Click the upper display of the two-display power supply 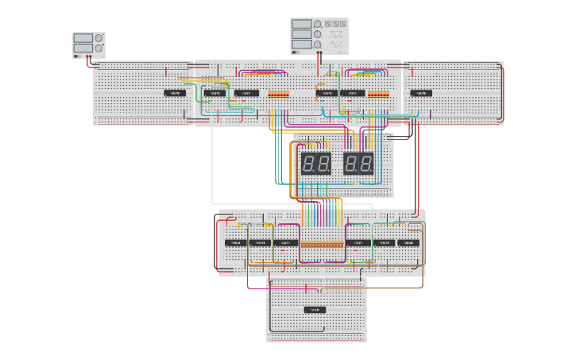pos(83,37)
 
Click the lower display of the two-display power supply pos(83,48)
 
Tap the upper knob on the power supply pos(99,37)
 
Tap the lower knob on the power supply pos(99,48)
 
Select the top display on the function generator pos(301,24)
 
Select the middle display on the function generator pos(301,34)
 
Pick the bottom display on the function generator pos(301,45)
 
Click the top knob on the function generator pos(318,24)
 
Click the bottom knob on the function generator pos(318,45)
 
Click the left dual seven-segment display pos(315,164)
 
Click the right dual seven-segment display pos(358,164)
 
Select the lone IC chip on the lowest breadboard pos(315,309)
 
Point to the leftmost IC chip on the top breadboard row pos(176,93)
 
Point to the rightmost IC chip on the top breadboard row pos(421,93)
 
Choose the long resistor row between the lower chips pos(322,244)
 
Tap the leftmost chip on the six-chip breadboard pos(235,242)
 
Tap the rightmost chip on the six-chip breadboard pos(409,242)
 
